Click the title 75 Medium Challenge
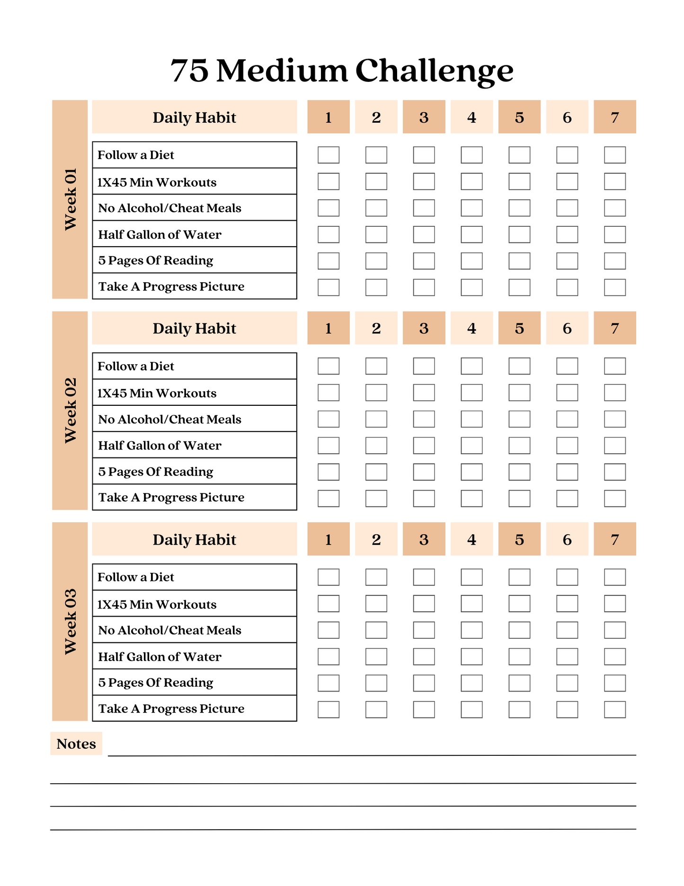pos(342,71)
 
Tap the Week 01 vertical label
pos(70,199)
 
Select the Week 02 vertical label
pos(70,411)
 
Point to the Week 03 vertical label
pos(70,622)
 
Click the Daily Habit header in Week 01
pos(194,117)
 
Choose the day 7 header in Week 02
pos(614,328)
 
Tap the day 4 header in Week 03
pos(471,539)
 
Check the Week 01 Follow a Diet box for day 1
pos(329,155)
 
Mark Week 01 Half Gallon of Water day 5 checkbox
pos(519,234)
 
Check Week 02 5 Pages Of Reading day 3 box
pos(424,472)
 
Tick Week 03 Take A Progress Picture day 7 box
pos(614,709)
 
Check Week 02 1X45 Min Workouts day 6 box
pos(567,393)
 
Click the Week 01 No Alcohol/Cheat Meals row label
pos(170,208)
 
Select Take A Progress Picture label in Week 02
pos(171,497)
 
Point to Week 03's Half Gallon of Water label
pos(160,656)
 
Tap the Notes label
pos(76,743)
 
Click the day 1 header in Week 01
pos(329,117)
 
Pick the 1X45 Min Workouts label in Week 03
pos(157,604)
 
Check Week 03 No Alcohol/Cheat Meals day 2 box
pos(376,630)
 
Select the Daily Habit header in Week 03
pos(194,539)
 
